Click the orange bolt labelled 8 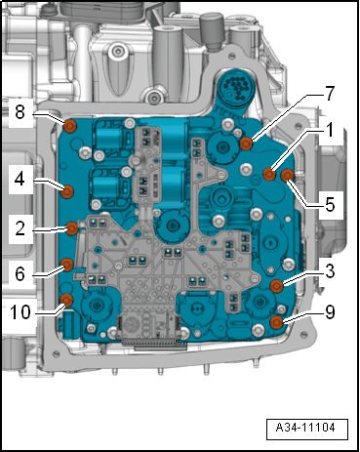point(69,126)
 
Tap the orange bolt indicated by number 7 point(246,144)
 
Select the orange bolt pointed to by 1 point(269,175)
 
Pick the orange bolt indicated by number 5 point(287,176)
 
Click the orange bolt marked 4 point(68,191)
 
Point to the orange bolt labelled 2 point(72,228)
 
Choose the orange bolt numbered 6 point(67,266)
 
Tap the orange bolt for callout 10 point(66,300)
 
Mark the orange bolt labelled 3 point(277,286)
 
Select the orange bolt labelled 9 point(277,322)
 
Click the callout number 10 point(20,312)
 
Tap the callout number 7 point(330,94)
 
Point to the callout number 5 point(330,205)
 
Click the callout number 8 point(20,112)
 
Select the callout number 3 point(330,271)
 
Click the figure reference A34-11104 point(305,428)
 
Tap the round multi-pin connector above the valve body point(237,86)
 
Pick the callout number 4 point(20,179)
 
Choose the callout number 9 point(330,312)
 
